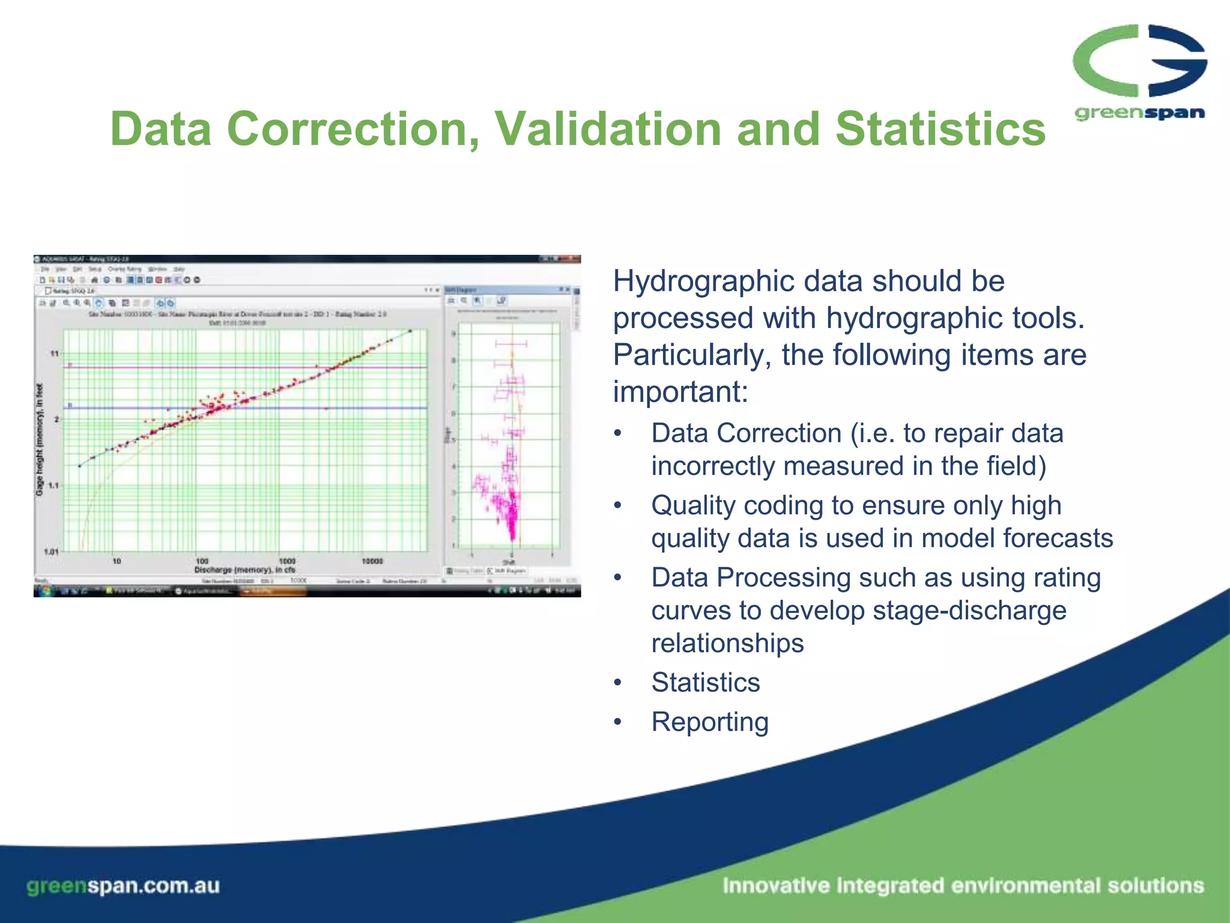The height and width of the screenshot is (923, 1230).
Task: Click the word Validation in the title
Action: (x=608, y=129)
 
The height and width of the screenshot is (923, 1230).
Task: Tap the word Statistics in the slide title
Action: (x=940, y=129)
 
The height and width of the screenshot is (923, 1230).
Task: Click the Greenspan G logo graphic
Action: (x=1139, y=61)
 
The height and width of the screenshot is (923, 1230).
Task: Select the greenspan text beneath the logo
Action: (x=1139, y=113)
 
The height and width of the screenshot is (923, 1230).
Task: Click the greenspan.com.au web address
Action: (x=123, y=886)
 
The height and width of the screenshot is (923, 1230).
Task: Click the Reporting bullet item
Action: (x=710, y=722)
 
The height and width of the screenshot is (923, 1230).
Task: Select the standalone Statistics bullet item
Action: (x=706, y=683)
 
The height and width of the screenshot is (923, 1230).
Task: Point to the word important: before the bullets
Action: (x=680, y=392)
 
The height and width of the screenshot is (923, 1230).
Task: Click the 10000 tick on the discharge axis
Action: (x=372, y=561)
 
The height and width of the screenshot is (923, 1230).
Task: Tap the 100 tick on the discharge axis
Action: (x=202, y=561)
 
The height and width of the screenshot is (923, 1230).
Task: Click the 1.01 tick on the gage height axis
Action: (x=51, y=551)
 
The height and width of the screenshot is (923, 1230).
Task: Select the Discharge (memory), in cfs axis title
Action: (x=244, y=570)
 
